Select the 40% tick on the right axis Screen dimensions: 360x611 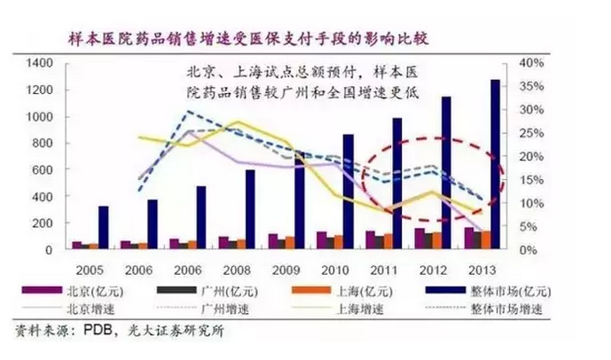click(x=530, y=63)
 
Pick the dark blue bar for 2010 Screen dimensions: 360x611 click(x=348, y=192)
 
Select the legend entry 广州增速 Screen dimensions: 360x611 click(x=213, y=309)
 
